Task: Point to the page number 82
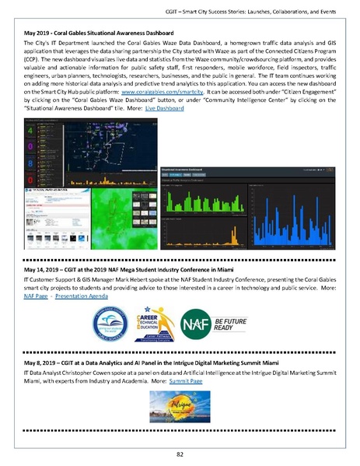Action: point(180,453)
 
